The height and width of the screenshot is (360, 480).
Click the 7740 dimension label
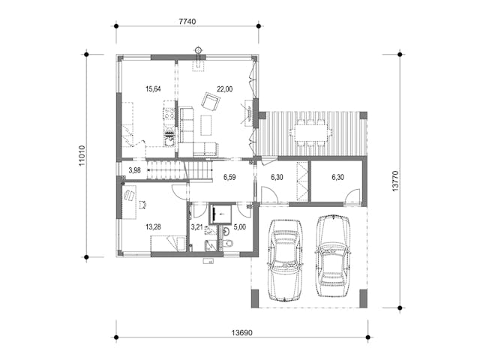point(187,22)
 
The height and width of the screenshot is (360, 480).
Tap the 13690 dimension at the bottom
point(241,332)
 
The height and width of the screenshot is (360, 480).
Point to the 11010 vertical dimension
point(82,155)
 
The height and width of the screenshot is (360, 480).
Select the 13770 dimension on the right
point(395,181)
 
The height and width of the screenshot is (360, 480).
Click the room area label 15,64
point(153,89)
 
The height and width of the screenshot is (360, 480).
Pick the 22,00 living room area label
point(225,89)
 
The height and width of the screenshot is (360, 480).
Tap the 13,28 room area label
point(153,226)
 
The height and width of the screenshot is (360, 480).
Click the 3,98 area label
point(135,170)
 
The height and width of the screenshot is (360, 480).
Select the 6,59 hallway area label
point(229,177)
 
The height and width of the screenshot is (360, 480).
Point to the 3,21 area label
point(197,227)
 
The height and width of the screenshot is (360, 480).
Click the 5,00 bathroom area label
point(240,227)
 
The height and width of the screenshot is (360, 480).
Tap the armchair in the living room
point(211,101)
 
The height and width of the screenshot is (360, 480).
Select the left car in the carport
point(284,259)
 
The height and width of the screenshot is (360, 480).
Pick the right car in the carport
point(333,256)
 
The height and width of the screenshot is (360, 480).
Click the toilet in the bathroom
point(227,243)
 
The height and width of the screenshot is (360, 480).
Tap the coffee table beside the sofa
point(206,125)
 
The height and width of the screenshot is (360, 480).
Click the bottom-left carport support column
point(255,298)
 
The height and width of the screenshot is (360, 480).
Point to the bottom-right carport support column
point(363,298)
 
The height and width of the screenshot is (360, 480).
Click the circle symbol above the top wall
point(199,49)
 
